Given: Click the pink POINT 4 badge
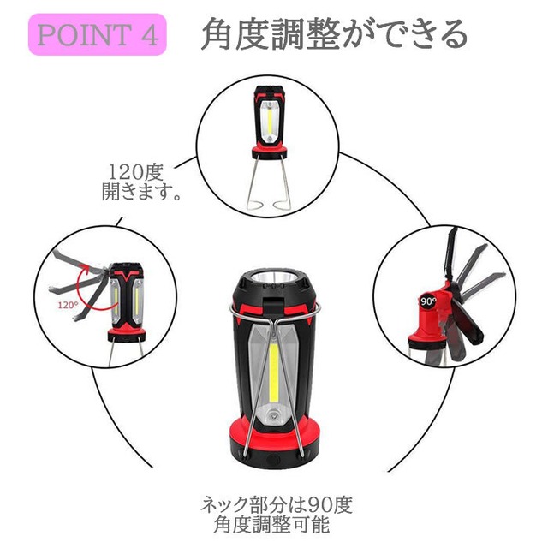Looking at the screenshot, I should point(97,35).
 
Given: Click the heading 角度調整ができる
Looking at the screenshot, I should point(334,34).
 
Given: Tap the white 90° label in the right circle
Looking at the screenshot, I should point(428,302).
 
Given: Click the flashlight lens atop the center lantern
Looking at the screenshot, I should point(273,281).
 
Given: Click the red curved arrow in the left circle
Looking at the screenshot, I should point(90,295).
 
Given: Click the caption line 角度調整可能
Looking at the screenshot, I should point(272,524).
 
